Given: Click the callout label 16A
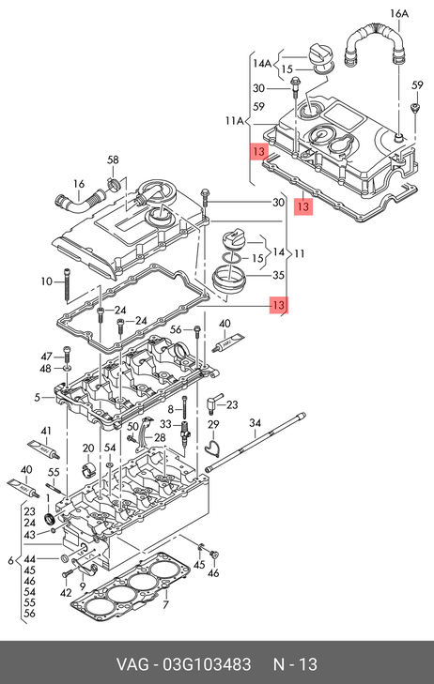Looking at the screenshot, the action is point(398,13).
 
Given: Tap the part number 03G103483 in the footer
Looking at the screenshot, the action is point(207,665).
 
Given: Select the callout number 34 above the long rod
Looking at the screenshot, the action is point(255,423).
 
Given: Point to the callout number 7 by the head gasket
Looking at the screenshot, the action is point(165,605).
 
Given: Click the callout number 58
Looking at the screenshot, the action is point(113,160).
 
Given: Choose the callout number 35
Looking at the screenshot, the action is point(278,275).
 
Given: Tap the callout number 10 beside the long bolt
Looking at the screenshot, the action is point(47,281).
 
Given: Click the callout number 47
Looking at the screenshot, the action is point(46,357).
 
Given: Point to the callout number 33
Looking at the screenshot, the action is point(166,424).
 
